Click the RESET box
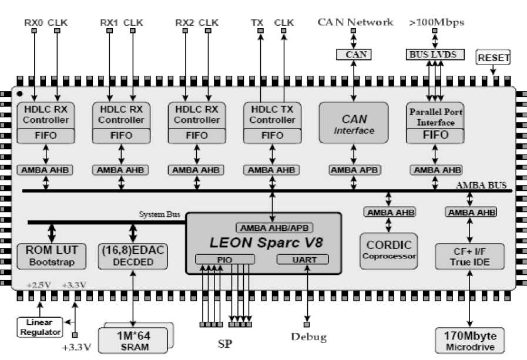pyautogui.click(x=494, y=58)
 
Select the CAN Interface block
pyautogui.click(x=354, y=123)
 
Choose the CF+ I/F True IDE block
pyautogui.click(x=469, y=255)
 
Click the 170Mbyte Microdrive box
pyautogui.click(x=469, y=341)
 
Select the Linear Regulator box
pyautogui.click(x=39, y=327)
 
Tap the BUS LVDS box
pyautogui.click(x=435, y=55)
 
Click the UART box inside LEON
pyautogui.click(x=303, y=260)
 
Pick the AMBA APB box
pyautogui.click(x=354, y=170)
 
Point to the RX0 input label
pyautogui.click(x=33, y=22)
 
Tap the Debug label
pyautogui.click(x=308, y=337)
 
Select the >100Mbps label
pyautogui.click(x=437, y=22)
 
